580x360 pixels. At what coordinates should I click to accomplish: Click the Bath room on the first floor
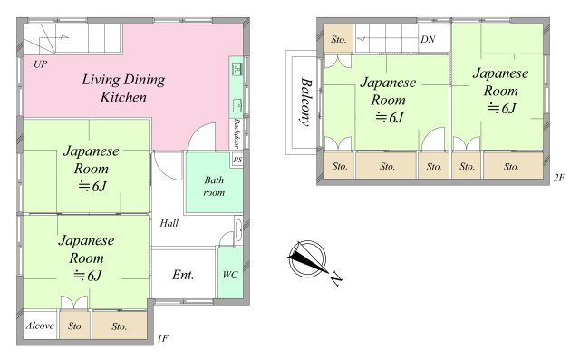[214, 182]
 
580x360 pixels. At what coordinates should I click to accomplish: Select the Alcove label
[40, 326]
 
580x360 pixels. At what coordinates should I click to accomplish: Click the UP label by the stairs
[41, 64]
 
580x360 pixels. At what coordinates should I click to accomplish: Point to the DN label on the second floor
[428, 39]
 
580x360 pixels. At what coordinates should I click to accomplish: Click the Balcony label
[305, 102]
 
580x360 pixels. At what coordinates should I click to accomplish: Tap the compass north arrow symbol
[307, 258]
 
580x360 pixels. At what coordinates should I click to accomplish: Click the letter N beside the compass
[335, 278]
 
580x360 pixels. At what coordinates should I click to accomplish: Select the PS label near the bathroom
[237, 160]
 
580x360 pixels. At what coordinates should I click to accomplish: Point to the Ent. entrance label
[183, 275]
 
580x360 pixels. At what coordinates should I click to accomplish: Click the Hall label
[169, 223]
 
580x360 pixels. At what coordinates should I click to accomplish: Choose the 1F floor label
[163, 338]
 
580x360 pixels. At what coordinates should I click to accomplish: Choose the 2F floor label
[560, 178]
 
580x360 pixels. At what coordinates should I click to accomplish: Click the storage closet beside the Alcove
[74, 326]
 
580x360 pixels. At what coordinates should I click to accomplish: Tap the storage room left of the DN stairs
[338, 38]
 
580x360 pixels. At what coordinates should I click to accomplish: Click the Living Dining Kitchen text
[123, 88]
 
